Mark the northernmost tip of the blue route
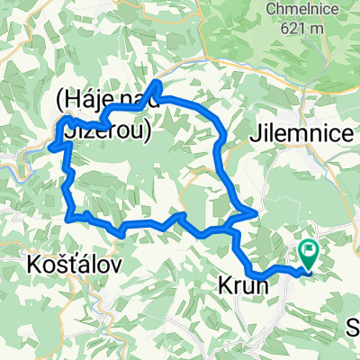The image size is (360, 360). [158, 84]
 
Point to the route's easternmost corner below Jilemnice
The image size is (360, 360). [256, 212]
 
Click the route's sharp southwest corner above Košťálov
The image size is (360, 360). [69, 214]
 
